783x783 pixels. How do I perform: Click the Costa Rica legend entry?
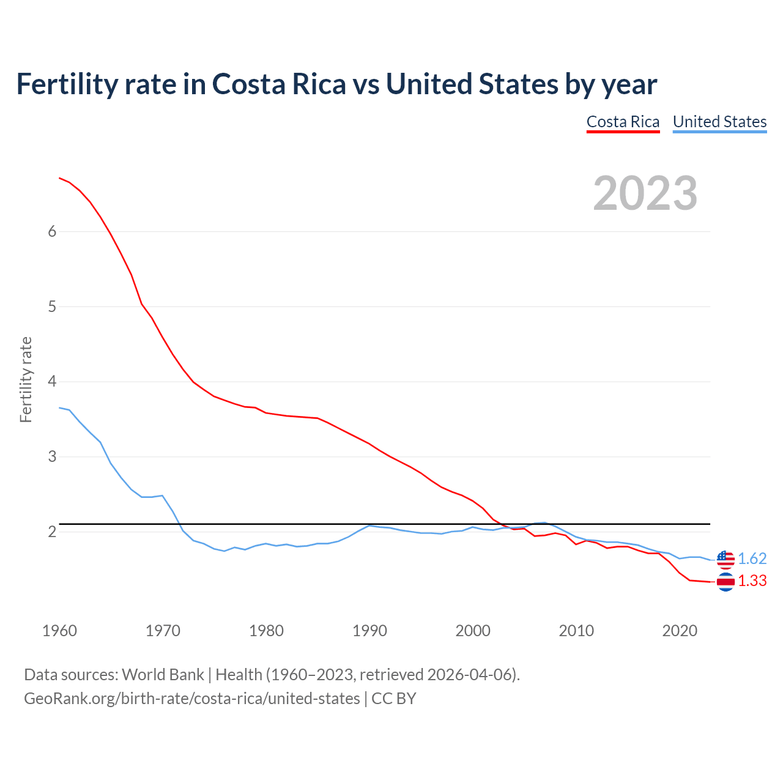point(623,122)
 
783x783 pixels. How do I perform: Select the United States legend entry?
point(719,122)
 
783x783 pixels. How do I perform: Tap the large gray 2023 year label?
point(645,193)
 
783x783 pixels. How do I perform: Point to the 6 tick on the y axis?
point(52,231)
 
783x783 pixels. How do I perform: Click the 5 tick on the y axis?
point(52,306)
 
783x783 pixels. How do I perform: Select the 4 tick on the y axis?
point(52,382)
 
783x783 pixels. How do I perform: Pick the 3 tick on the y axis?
point(52,457)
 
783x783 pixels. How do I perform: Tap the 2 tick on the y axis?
point(52,532)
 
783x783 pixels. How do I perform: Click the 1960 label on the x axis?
point(59,631)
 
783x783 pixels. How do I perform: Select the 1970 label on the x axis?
point(163,631)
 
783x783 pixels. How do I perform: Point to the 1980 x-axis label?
point(266,631)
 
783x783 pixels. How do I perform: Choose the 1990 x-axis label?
point(369,631)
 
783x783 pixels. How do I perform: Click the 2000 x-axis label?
point(473,631)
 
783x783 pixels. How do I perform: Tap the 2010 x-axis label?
point(576,631)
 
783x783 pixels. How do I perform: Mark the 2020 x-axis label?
point(680,631)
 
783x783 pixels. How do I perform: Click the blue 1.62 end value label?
point(752,558)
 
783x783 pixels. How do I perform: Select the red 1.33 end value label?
point(752,581)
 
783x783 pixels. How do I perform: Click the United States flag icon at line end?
point(725,559)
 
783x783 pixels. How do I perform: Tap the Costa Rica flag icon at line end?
point(725,582)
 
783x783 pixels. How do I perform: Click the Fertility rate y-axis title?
point(26,379)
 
